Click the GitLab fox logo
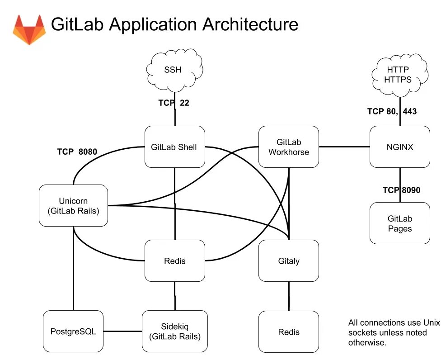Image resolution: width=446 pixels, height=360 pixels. (x=29, y=29)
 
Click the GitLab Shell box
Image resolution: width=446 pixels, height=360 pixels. (x=174, y=147)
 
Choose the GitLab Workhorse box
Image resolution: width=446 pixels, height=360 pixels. (x=288, y=147)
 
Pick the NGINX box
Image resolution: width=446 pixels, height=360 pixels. (x=399, y=147)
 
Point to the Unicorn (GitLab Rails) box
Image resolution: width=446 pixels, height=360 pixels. (x=73, y=205)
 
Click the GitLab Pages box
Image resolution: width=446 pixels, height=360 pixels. (x=399, y=223)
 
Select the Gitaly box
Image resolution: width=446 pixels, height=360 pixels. (x=288, y=261)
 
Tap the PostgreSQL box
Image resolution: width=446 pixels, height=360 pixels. (x=73, y=332)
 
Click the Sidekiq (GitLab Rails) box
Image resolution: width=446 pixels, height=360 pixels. (x=174, y=332)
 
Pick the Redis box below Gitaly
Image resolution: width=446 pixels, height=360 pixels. (x=288, y=332)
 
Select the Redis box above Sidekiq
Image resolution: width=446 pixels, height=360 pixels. (x=174, y=261)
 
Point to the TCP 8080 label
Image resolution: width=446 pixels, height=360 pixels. (x=77, y=152)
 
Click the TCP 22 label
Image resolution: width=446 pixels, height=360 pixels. (x=174, y=103)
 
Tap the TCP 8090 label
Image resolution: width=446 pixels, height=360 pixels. (x=401, y=190)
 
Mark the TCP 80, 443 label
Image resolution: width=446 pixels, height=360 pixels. (x=392, y=111)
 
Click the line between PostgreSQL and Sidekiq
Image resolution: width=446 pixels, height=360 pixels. (x=122, y=332)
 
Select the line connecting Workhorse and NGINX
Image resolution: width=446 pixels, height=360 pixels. (x=344, y=147)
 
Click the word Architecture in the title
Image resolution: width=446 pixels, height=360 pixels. (x=250, y=24)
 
